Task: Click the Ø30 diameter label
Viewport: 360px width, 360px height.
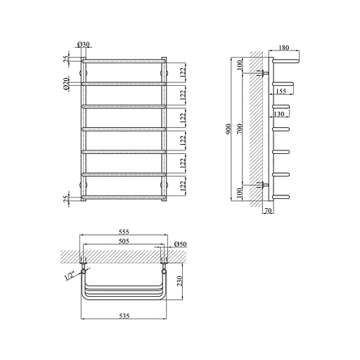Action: [x=84, y=44]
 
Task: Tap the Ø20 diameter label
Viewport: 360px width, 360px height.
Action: [x=66, y=84]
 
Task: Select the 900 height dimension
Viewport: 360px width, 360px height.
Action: [x=229, y=129]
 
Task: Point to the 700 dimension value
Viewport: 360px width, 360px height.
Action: [x=239, y=129]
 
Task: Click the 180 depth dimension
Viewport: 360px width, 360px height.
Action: [x=284, y=48]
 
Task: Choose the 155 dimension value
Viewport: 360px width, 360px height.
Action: [x=281, y=91]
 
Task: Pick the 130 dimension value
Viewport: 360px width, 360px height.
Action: [x=279, y=114]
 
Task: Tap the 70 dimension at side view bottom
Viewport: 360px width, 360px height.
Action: [x=268, y=210]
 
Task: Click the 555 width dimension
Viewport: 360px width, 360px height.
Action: [x=124, y=232]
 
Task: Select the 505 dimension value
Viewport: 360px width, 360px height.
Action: [x=124, y=241]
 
